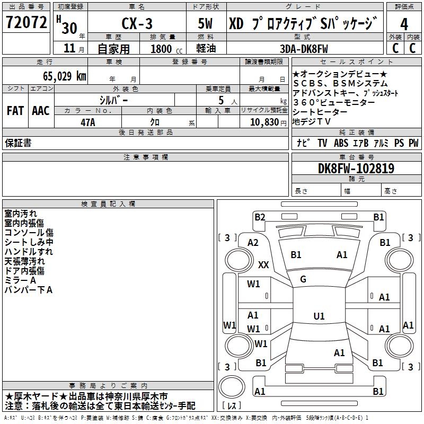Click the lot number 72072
26,22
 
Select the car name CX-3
137,23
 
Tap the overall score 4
404,24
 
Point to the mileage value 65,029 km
65,76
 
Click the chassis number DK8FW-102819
356,169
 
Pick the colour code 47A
88,122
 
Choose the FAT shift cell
15,111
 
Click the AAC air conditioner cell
41,111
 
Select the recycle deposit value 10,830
264,122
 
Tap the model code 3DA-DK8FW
304,49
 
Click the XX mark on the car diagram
263,264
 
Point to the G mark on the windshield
303,279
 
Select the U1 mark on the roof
319,316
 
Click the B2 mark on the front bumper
260,217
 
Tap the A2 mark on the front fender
253,243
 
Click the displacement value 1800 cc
166,49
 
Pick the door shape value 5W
205,23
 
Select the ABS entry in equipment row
341,143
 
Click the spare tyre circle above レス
232,387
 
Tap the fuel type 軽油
206,48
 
